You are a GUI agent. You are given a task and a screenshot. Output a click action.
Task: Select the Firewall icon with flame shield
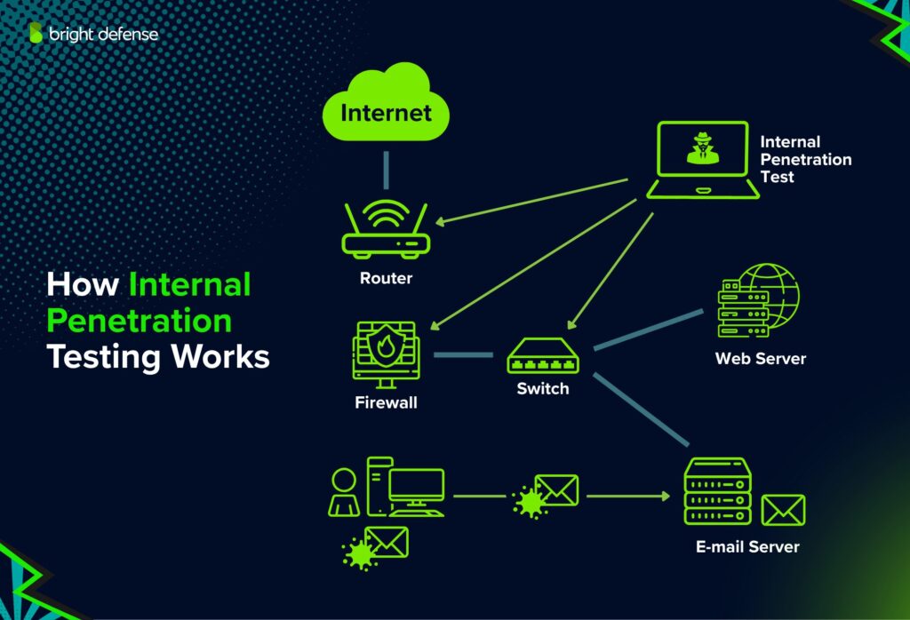click(386, 354)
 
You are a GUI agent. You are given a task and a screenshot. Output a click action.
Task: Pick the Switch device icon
click(543, 356)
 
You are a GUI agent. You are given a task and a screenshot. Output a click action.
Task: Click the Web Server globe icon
click(758, 300)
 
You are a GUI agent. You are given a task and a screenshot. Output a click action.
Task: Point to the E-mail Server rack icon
click(718, 491)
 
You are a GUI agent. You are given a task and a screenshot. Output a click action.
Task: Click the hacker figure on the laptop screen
click(703, 148)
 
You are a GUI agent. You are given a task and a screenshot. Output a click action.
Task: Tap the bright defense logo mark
click(36, 33)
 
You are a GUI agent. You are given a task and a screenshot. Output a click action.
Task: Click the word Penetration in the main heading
click(140, 321)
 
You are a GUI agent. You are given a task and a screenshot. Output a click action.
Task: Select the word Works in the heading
click(220, 356)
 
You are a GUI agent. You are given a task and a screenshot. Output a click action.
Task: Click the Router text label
click(386, 278)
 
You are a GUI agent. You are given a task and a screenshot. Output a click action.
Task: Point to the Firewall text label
click(386, 402)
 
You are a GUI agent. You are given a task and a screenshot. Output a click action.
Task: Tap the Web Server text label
click(761, 359)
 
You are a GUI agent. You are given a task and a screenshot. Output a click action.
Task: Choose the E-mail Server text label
click(747, 547)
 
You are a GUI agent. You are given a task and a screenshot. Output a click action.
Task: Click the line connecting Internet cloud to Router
click(386, 170)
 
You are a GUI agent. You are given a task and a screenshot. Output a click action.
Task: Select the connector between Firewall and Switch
click(463, 354)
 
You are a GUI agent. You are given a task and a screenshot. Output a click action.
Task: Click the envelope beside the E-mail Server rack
click(783, 511)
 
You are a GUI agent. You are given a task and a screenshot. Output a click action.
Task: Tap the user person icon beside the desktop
click(344, 493)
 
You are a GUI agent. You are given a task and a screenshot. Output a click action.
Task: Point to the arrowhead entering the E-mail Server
click(666, 496)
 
